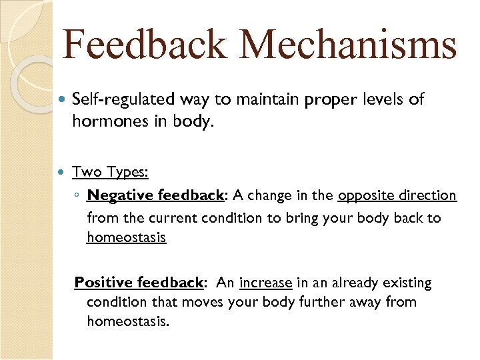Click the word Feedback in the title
(x=146, y=45)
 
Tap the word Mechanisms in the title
(x=349, y=45)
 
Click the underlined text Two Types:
(x=110, y=172)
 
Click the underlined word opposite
(x=364, y=195)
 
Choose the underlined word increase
(x=265, y=283)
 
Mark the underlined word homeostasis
(x=126, y=237)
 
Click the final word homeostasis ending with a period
(x=128, y=321)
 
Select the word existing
(x=406, y=283)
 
